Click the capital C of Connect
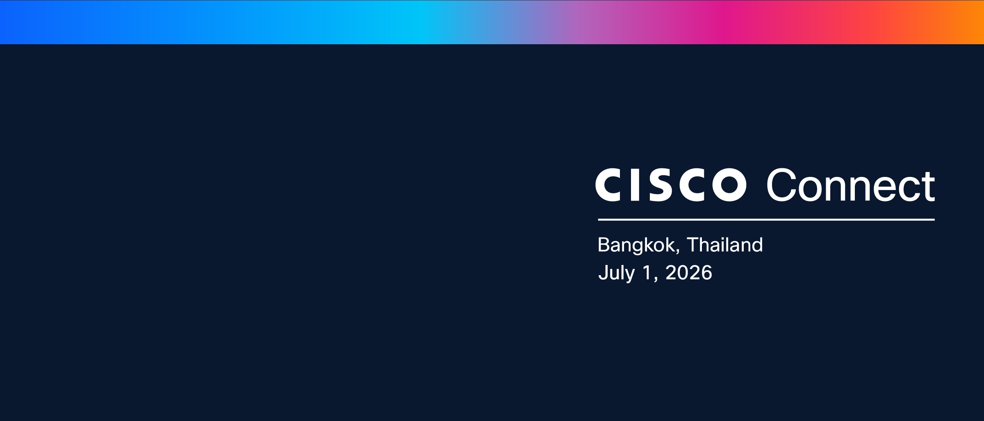coord(782,185)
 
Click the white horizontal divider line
coord(766,220)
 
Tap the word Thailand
coord(724,244)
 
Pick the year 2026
coord(689,273)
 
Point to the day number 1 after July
coord(648,273)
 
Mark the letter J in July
coord(603,273)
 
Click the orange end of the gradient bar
coord(972,22)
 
